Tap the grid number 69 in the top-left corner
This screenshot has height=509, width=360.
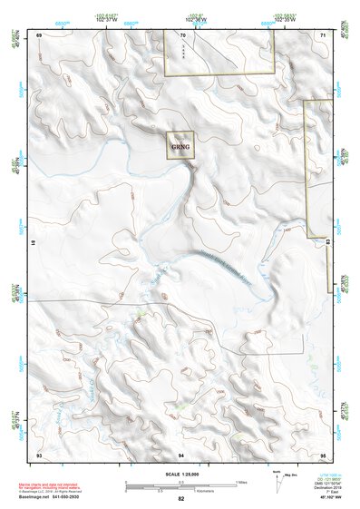tap(39, 34)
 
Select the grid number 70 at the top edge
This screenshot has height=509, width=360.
tap(182, 35)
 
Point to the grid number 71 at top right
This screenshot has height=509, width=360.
tap(323, 34)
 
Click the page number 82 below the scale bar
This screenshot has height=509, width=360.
tap(181, 499)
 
